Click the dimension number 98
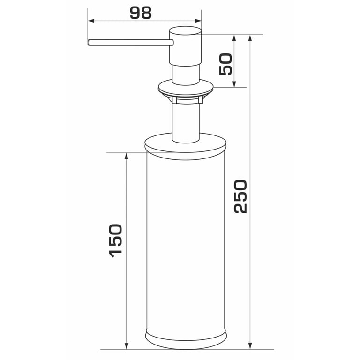point(141,13)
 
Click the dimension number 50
point(225,64)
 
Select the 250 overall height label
point(240,196)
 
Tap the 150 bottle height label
point(115,240)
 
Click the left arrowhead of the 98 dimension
point(91,21)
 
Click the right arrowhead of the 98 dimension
point(198,21)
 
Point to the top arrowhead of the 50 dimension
point(234,38)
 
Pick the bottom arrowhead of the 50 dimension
point(234,84)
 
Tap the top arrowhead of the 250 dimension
point(250,38)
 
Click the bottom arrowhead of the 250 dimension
point(250,346)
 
